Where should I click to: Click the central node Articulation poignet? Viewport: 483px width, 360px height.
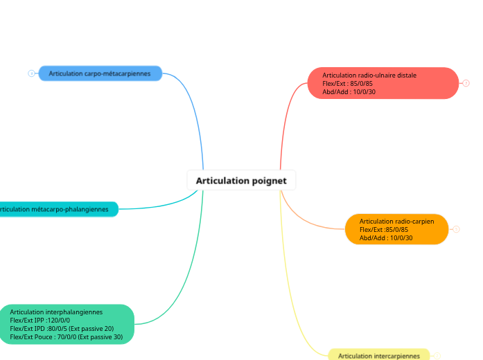(241, 181)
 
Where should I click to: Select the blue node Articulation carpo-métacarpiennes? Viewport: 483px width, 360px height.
(100, 73)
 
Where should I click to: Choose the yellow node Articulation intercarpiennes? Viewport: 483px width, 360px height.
(378, 355)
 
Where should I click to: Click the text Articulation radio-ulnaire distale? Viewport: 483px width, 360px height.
(369, 75)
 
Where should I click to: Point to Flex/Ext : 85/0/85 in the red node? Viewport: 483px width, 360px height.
(347, 83)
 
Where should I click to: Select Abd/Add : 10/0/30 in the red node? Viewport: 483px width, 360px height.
(349, 91)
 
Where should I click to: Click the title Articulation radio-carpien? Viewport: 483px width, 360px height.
(396, 222)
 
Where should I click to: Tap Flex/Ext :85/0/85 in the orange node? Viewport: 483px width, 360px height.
(383, 230)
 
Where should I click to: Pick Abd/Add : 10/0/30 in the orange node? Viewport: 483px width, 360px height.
(385, 238)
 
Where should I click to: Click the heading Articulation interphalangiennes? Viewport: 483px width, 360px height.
(56, 312)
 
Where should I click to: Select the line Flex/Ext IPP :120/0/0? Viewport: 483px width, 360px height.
(39, 321)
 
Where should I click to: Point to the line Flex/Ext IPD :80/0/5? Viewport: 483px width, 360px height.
(62, 329)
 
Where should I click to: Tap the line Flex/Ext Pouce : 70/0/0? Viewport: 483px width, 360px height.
(66, 337)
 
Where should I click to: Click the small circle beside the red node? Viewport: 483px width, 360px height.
(466, 83)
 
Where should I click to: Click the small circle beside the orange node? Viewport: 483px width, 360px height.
(456, 229)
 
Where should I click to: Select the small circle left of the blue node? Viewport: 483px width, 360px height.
(31, 73)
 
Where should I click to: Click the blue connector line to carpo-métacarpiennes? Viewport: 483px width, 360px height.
(195, 111)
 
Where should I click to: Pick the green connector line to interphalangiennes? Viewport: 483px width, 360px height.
(187, 277)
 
